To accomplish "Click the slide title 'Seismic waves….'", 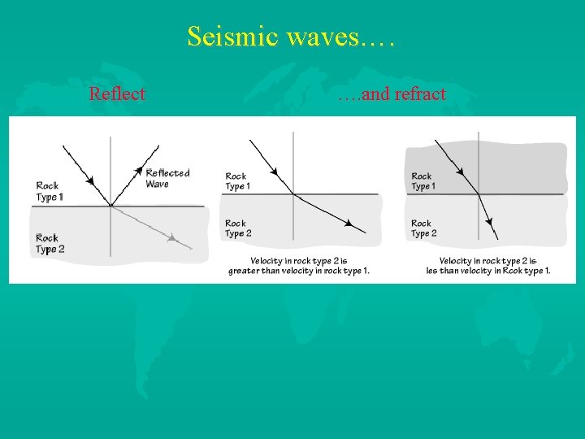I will pos(290,37).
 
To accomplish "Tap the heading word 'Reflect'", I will pos(117,94).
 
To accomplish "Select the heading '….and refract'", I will pos(392,94).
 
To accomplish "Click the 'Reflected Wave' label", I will pos(167,178).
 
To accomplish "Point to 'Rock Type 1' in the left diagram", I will pos(49,191).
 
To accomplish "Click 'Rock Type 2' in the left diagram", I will pos(49,243).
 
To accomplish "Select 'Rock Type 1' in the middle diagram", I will pos(237,181).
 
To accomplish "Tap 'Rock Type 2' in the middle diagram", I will pos(237,228).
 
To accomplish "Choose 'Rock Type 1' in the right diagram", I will pos(422,181).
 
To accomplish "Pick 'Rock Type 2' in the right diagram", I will pos(422,228).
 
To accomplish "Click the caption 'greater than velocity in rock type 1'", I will pos(299,272).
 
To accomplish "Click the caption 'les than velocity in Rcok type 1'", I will pos(488,272).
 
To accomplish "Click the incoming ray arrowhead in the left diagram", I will pos(89,180).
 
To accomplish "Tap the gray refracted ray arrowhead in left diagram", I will pos(172,238).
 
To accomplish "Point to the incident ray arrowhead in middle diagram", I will pos(275,172).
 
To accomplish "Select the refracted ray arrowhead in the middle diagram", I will pos(349,224).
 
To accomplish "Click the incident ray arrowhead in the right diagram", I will pos(460,172).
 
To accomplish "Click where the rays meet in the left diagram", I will pos(110,206).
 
